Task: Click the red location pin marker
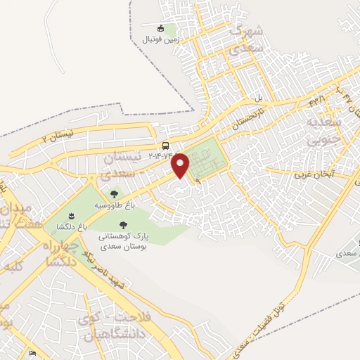[x=181, y=165]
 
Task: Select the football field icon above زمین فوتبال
[x=160, y=28]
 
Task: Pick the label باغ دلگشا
[x=72, y=226]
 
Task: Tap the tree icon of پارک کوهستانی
[x=123, y=225]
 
